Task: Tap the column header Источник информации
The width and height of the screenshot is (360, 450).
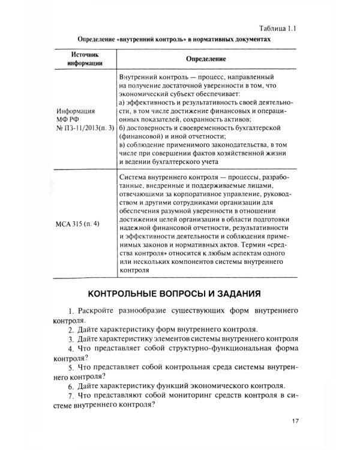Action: [84, 59]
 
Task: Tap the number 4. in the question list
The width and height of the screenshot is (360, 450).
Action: [71, 349]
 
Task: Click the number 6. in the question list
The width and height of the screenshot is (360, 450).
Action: [71, 385]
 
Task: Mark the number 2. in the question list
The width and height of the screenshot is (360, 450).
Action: [71, 330]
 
